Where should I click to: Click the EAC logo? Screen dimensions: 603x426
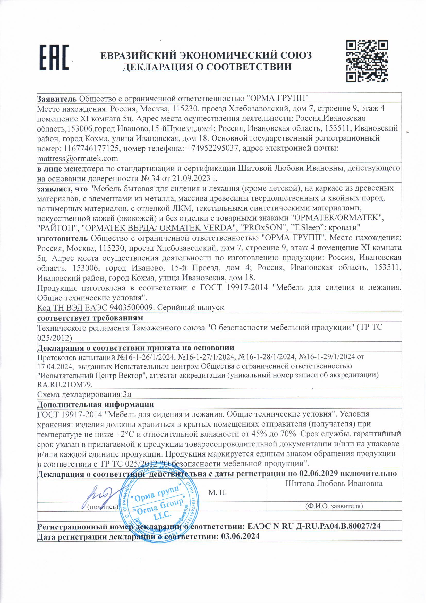(x=54, y=58)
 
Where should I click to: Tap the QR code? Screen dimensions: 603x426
(x=367, y=61)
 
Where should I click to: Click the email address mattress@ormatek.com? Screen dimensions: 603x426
(x=77, y=159)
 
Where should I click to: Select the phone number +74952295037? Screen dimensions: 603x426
(x=213, y=148)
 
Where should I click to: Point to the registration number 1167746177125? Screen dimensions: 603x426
(x=90, y=148)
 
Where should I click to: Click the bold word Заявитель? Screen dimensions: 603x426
(x=57, y=99)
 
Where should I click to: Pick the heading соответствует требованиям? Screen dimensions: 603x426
(x=90, y=318)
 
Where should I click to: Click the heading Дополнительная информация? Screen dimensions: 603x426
(x=95, y=404)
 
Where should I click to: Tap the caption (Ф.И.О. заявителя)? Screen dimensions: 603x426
(x=334, y=506)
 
